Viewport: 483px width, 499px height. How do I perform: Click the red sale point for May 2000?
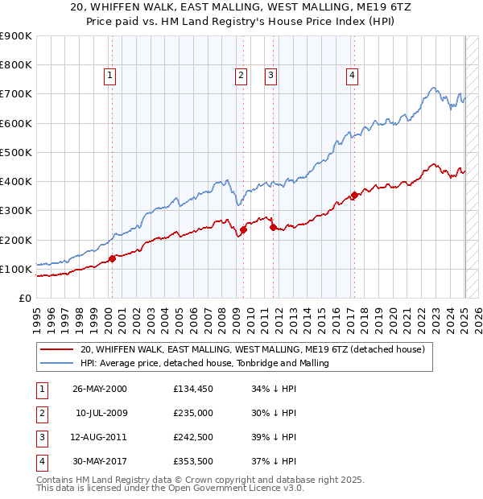click(112, 258)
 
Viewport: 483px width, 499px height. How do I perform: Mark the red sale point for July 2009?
click(243, 229)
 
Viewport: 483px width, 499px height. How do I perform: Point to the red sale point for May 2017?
click(355, 195)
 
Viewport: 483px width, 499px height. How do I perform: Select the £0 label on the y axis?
click(24, 298)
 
